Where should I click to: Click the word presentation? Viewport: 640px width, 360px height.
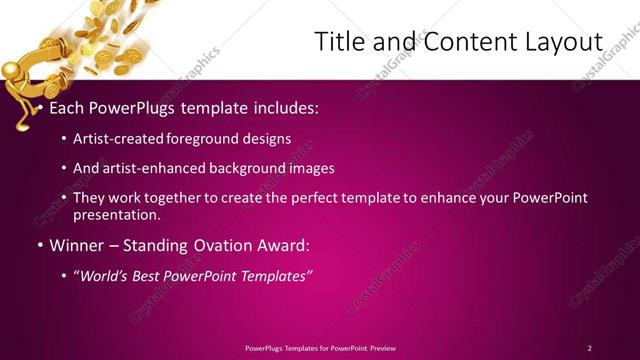116,214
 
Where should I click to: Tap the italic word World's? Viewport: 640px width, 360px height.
107,275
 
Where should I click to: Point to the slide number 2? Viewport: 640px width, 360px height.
589,347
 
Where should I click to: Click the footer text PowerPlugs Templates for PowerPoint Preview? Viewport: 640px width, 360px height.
320,347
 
